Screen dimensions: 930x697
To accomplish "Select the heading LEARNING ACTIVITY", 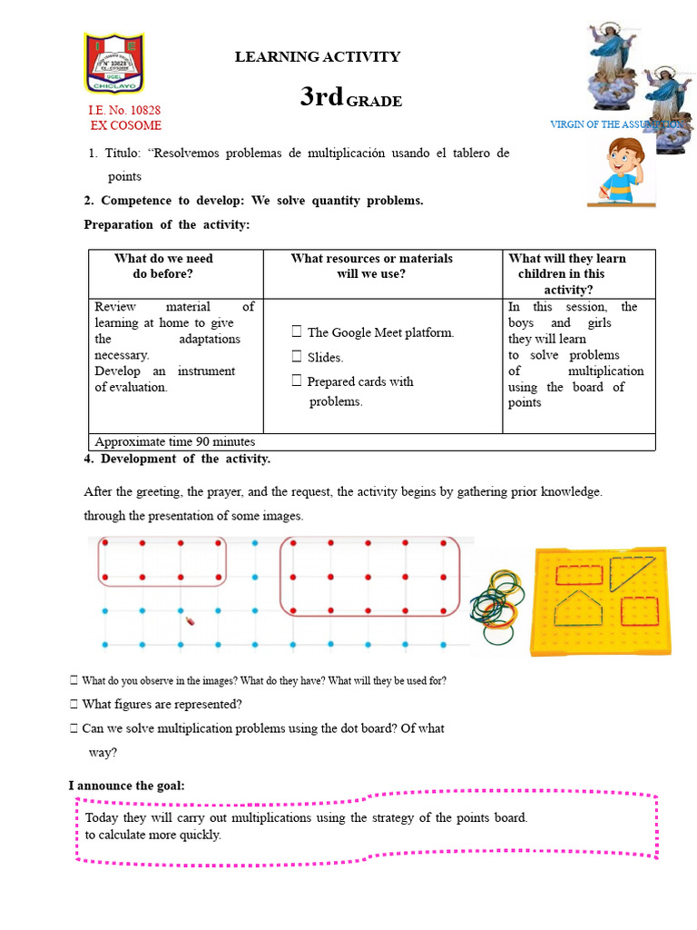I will pos(318,56).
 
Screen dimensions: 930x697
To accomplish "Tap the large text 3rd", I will pos(321,97).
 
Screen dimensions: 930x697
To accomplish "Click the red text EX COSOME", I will pos(125,125).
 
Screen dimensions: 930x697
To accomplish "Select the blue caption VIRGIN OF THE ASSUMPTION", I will pos(617,124).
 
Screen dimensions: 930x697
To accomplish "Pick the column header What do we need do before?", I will pos(163,265).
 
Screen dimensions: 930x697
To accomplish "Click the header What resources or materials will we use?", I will pos(371,265).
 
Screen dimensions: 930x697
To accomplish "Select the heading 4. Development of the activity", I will pos(177,459).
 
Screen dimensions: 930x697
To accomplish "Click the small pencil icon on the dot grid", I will pos(191,621).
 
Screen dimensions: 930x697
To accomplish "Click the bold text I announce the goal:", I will pos(127,785).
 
